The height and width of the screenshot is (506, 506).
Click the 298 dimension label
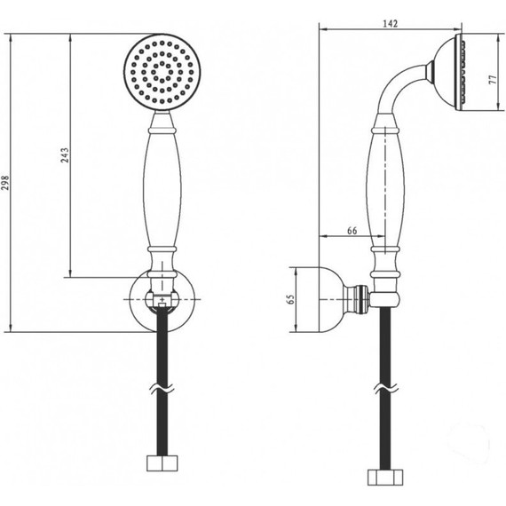(5, 183)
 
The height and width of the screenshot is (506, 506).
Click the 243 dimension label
(65, 155)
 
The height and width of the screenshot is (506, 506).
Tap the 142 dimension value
(390, 24)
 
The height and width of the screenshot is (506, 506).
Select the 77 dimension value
(493, 79)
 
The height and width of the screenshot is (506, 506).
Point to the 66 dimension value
(352, 231)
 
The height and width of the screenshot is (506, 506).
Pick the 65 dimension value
(291, 299)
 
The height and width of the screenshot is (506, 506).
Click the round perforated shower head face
(162, 72)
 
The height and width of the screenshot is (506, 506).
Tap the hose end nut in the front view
(162, 463)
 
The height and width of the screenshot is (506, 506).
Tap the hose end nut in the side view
(385, 478)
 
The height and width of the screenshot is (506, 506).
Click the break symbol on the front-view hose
(162, 389)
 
